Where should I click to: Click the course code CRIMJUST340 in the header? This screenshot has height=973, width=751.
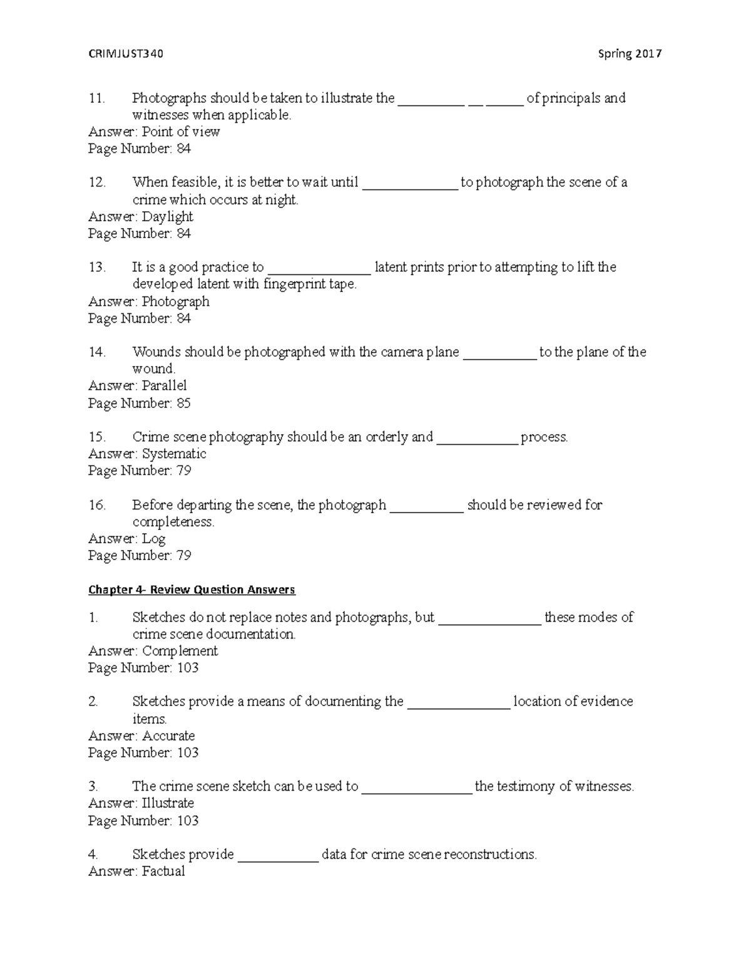[x=126, y=54]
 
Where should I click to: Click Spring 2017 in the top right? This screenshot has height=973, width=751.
[x=630, y=54]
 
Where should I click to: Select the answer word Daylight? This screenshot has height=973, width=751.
[x=167, y=217]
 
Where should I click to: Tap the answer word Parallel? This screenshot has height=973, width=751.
[x=164, y=386]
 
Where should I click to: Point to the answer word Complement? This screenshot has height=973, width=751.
[x=180, y=651]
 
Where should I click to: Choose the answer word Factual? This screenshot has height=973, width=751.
[x=163, y=872]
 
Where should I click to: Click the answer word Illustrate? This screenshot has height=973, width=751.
[x=168, y=803]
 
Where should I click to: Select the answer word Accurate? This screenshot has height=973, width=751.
[x=168, y=736]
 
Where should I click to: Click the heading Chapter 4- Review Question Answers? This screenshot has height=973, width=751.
[x=192, y=590]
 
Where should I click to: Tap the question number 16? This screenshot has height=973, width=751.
[x=97, y=505]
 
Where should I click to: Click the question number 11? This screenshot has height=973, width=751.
[x=97, y=98]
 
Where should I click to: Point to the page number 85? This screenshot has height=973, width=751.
[x=183, y=403]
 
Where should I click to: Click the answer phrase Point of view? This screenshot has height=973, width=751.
[x=181, y=132]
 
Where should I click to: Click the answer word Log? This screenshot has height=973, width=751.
[x=153, y=539]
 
